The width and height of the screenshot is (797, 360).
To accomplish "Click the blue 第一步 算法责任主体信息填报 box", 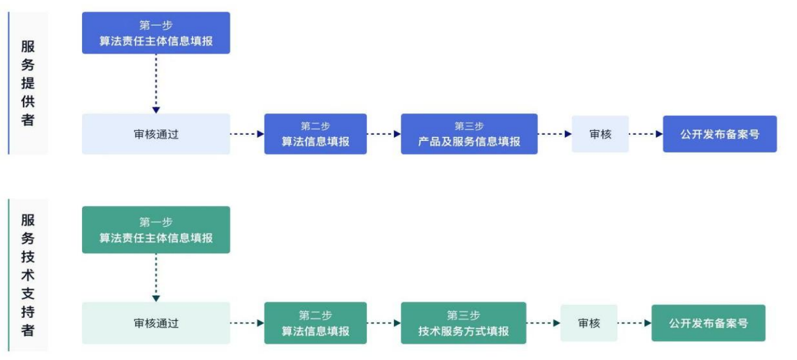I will point(156,33).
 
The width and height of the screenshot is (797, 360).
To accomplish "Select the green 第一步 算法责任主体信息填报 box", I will point(156,230).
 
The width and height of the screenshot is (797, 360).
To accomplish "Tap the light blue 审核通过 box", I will point(156,134).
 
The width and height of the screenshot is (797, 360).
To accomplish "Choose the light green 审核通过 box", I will point(156,323).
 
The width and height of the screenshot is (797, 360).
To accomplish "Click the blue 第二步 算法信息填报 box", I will point(315,134).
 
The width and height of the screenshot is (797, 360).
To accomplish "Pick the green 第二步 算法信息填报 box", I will point(315,323).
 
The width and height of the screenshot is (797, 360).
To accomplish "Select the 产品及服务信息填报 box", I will point(469,134).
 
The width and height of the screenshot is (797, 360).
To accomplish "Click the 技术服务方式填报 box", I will point(463,323).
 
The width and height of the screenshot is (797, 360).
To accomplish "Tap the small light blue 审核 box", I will point(600,134).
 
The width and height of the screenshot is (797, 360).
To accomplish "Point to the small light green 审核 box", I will point(589,323).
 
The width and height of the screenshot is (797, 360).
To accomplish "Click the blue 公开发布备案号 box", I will point(720,134).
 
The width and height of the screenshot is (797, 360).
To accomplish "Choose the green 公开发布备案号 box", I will point(708,323).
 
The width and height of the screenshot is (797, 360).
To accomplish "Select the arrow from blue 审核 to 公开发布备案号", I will point(646,134).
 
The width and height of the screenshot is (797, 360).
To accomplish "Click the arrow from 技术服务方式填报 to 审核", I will point(543,323).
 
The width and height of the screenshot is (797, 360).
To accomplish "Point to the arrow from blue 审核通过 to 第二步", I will point(247,134).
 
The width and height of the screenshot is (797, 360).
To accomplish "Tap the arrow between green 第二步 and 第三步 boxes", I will point(384,323).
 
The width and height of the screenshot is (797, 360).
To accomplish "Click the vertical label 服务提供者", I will point(28,83).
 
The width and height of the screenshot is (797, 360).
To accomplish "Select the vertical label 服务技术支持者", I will point(28,275).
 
